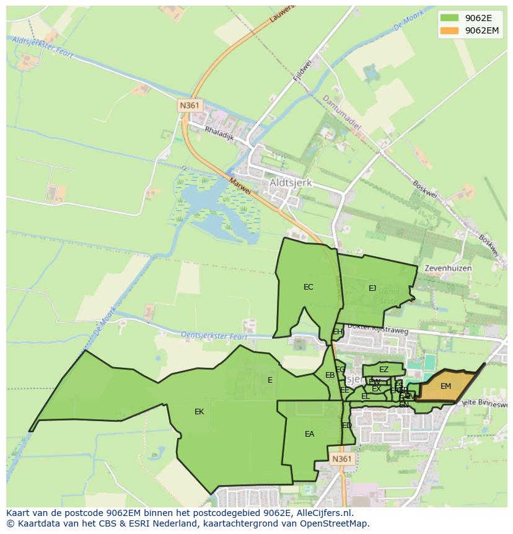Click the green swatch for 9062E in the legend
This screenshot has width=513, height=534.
[x=450, y=18]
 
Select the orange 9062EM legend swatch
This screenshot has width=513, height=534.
[x=450, y=30]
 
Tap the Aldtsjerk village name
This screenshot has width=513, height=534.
[x=291, y=184]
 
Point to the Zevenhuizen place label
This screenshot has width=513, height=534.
[x=448, y=269]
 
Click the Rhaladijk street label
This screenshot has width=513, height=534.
[x=220, y=132]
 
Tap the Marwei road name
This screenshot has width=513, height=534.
[x=240, y=186]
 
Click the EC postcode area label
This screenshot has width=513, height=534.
[x=308, y=287]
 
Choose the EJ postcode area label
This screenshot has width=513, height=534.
[x=372, y=288]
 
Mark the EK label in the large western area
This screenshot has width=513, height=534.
[x=199, y=412]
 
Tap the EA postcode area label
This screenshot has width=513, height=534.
[x=309, y=434]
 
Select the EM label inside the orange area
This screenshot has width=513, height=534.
[x=445, y=386]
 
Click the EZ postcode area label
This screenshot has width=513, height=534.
[x=384, y=370]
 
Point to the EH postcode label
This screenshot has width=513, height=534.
[x=338, y=332]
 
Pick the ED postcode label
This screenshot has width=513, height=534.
[x=347, y=425]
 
